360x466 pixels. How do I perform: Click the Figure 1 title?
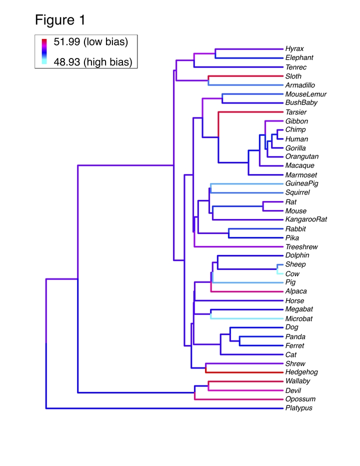(60, 20)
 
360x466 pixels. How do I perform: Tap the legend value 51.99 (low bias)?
(90, 41)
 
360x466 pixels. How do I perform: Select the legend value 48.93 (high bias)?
(92, 62)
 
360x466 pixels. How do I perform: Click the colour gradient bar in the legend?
(44, 51)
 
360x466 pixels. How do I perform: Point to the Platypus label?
(299, 408)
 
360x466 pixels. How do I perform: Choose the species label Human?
(296, 139)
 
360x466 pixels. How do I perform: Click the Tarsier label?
(296, 112)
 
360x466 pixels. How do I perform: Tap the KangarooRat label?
(306, 219)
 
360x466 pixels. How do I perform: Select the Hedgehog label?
(301, 372)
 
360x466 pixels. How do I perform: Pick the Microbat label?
(299, 318)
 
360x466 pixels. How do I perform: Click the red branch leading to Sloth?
(245, 76)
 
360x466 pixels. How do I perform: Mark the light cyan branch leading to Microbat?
(247, 318)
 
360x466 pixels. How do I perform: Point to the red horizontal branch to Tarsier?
(251, 112)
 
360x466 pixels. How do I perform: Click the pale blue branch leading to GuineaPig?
(247, 183)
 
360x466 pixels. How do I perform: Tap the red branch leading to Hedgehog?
(244, 372)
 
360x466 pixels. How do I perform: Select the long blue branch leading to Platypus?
(164, 408)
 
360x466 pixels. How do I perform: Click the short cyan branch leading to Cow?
(280, 273)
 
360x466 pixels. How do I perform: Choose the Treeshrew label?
(301, 247)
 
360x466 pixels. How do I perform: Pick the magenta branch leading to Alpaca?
(247, 291)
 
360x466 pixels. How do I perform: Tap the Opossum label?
(300, 399)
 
